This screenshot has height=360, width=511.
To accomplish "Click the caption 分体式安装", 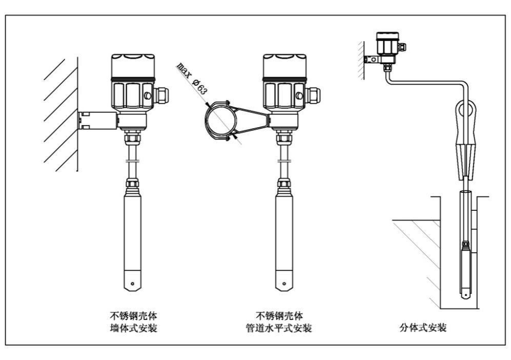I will point(423,328).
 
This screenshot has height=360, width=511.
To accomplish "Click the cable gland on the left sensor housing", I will point(162,95).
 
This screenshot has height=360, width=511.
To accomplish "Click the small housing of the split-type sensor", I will point(387,46).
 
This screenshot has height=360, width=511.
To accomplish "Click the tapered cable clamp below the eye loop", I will point(464,154).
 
